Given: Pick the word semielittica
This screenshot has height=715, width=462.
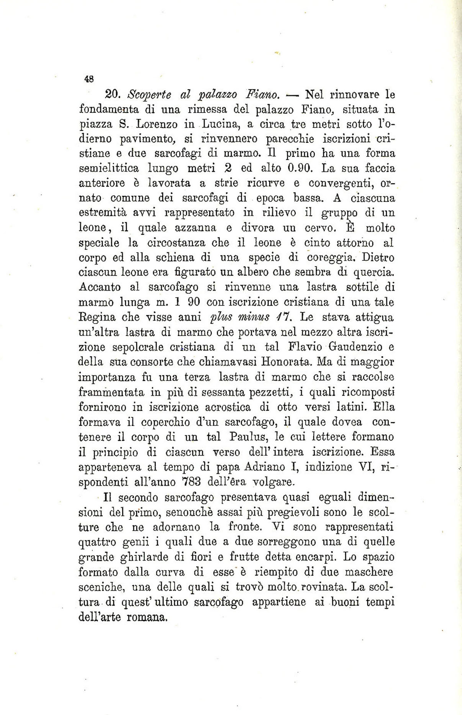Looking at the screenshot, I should pyautogui.click(x=109, y=169).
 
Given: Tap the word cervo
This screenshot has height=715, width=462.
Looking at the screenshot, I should pyautogui.click(x=320, y=228).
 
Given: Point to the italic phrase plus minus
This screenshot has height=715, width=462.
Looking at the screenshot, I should pyautogui.click(x=236, y=318).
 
